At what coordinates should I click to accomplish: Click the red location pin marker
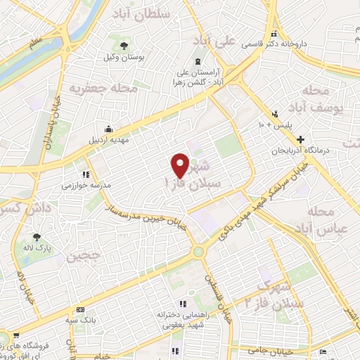[181, 165]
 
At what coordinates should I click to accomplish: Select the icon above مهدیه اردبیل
[108, 128]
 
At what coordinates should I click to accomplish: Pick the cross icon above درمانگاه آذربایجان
[300, 139]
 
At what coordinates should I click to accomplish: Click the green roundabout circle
[199, 251]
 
